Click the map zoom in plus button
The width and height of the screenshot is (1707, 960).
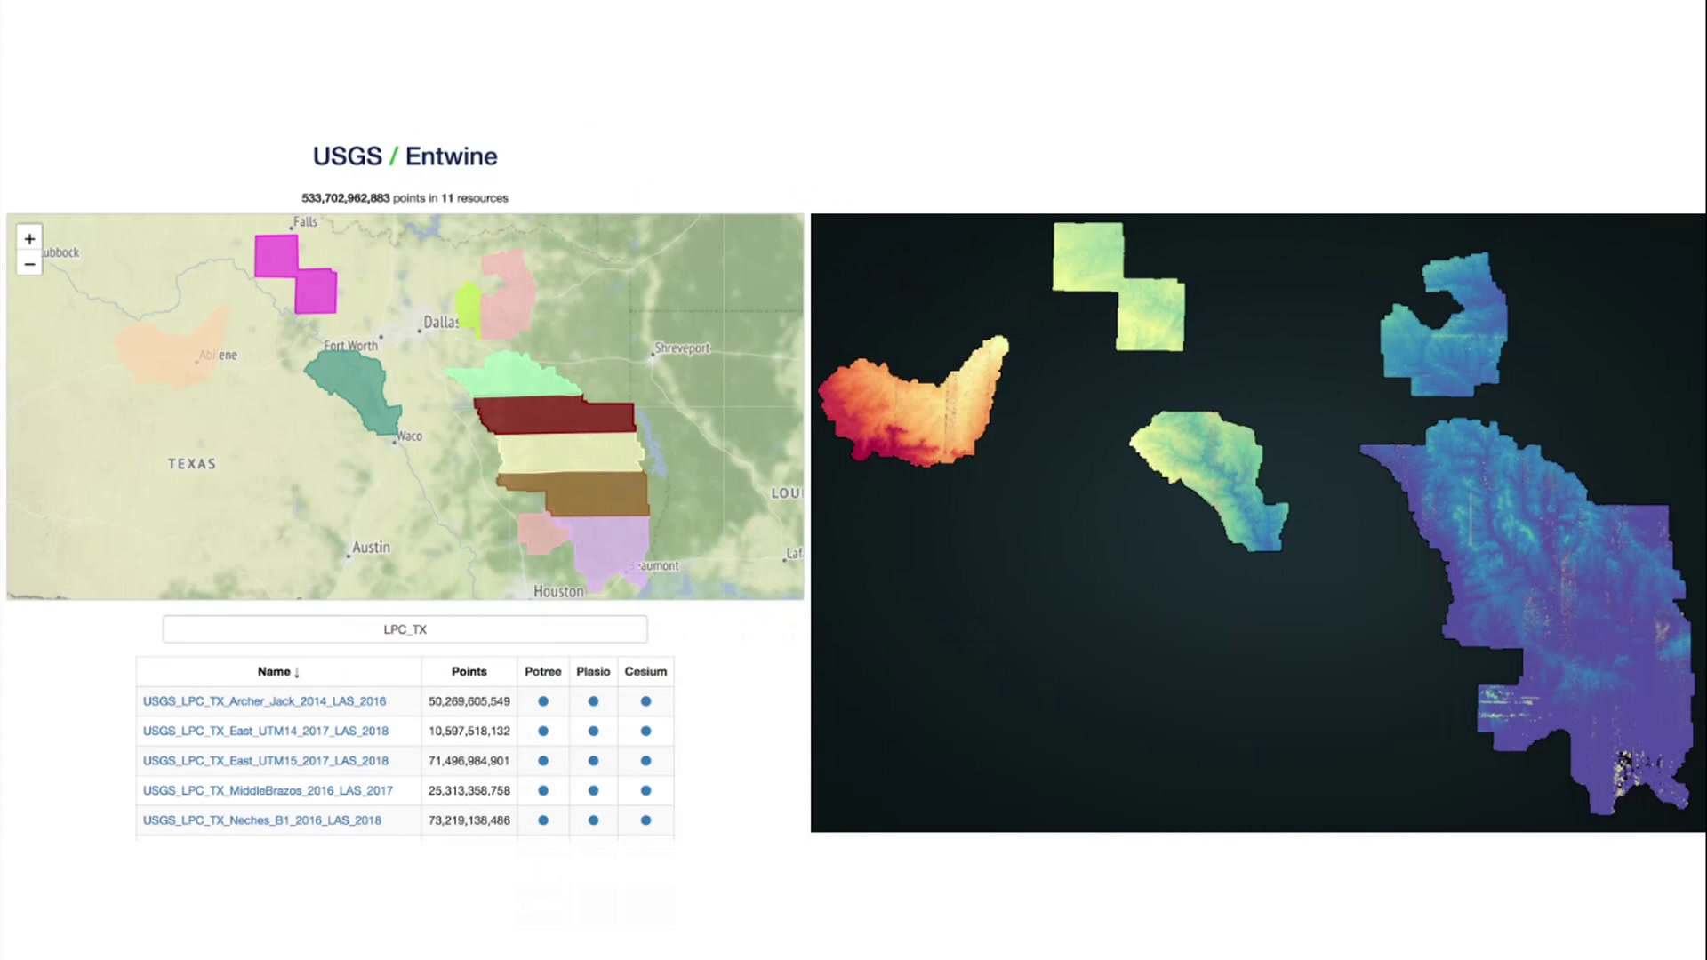(x=29, y=238)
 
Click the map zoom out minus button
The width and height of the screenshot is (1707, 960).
(x=29, y=264)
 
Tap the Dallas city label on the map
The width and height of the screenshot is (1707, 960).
(x=441, y=322)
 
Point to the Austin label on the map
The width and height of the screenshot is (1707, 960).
(x=371, y=548)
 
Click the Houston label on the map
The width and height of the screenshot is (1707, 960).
(x=558, y=591)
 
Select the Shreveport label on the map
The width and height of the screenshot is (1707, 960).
(x=683, y=348)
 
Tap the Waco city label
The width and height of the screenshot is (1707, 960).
(x=410, y=436)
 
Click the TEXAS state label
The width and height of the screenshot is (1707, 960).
(x=192, y=464)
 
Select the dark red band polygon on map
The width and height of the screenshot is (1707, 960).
(x=556, y=415)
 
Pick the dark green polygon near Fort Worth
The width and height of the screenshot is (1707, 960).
(x=354, y=389)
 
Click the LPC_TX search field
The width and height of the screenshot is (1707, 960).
(x=405, y=629)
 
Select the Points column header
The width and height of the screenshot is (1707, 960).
(x=469, y=672)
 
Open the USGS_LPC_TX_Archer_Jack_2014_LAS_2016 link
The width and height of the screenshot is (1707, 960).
(x=265, y=701)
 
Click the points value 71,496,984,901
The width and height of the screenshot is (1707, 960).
(x=469, y=761)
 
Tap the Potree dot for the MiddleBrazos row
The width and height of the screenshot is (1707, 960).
(x=543, y=790)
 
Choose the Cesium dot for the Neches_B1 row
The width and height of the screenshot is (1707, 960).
(x=646, y=820)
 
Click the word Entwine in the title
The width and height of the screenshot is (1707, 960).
(x=452, y=156)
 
